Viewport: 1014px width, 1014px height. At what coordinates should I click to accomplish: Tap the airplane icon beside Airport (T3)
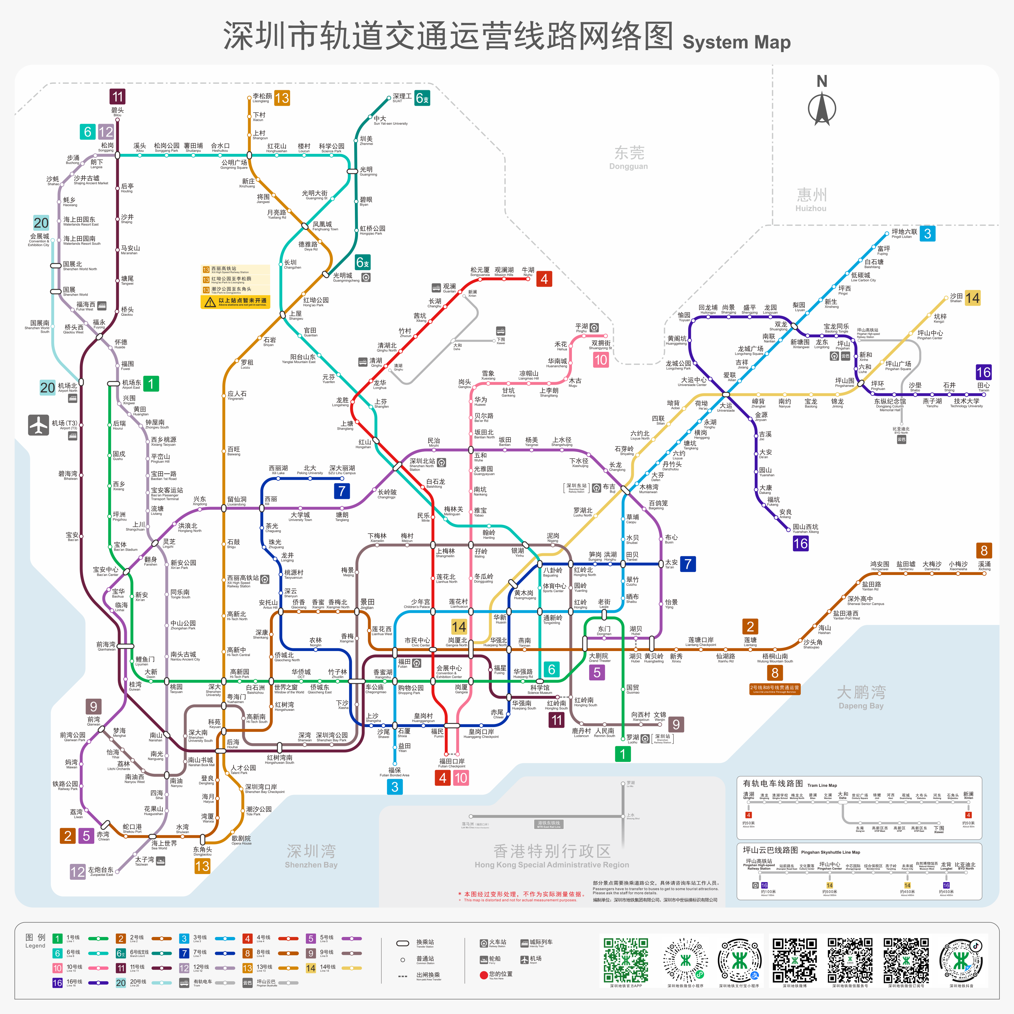(38, 425)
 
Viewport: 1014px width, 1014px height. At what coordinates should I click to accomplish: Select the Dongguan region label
(629, 157)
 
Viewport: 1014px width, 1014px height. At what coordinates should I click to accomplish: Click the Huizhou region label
(811, 199)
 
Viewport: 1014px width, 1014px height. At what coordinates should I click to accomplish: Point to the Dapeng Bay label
(861, 697)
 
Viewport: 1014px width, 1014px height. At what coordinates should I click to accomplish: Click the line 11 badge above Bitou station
(117, 97)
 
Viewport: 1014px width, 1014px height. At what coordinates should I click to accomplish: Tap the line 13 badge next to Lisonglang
(282, 98)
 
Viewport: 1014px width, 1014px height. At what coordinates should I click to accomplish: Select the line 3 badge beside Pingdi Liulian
(927, 234)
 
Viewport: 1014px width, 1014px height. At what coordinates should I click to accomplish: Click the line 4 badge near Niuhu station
(544, 279)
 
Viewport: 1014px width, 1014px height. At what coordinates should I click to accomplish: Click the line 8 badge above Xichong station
(984, 551)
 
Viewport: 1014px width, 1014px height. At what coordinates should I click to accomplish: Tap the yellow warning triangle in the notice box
(210, 302)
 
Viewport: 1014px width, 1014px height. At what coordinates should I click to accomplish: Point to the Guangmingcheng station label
(345, 277)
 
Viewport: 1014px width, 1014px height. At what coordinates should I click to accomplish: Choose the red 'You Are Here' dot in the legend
(483, 975)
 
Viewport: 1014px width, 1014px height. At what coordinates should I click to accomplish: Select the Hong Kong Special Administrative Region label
(552, 856)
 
